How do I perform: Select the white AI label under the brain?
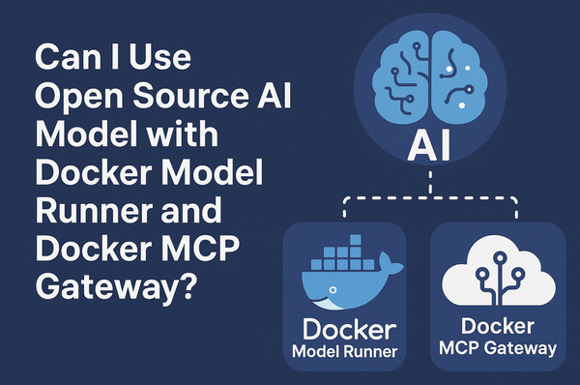click(427, 148)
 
